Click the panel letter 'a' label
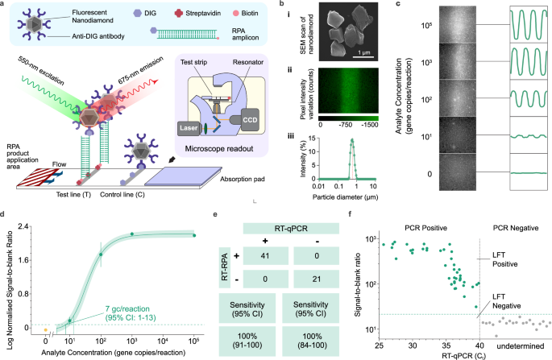coord(6,5)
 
